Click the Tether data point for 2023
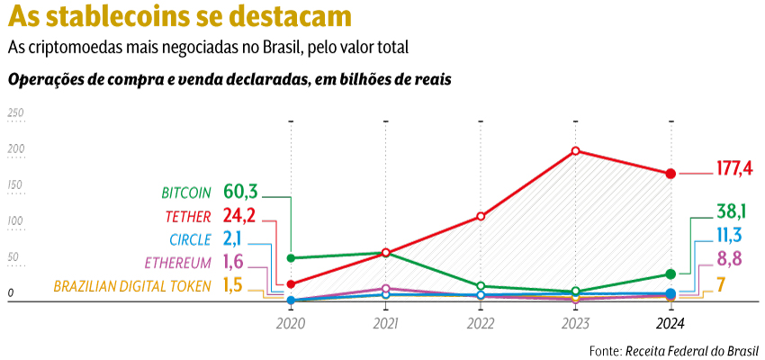575,151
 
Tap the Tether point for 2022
481,216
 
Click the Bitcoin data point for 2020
291,258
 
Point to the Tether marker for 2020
291,284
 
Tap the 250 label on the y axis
15,113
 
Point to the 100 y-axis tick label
15,221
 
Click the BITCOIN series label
186,193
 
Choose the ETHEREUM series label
177,263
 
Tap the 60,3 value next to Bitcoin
240,192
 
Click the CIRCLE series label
190,239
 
